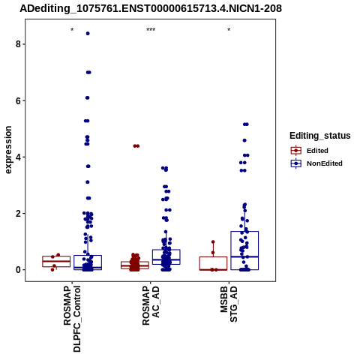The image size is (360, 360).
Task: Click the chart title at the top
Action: [x=151, y=9]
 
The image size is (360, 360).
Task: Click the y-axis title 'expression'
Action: [x=8, y=150]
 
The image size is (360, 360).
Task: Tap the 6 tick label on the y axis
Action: [x=19, y=100]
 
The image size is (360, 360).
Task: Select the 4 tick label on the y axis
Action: [x=19, y=157]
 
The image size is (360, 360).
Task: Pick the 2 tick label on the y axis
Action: [x=19, y=214]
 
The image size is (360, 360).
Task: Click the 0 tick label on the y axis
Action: [x=19, y=270]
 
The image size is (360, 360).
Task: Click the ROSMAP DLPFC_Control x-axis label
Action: [x=72, y=319]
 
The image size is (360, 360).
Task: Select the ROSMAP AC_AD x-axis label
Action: [x=151, y=305]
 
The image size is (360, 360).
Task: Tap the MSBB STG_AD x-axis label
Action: [x=229, y=304]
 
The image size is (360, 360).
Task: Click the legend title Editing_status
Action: [x=320, y=136]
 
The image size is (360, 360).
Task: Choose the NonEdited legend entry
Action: [x=316, y=163]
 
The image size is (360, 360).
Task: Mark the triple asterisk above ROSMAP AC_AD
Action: [x=151, y=30]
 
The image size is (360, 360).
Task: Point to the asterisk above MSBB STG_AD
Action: [x=229, y=30]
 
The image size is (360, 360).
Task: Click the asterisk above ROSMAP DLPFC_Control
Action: [x=72, y=30]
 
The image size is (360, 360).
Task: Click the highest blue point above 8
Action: [x=88, y=34]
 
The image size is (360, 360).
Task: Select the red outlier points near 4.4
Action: [x=136, y=146]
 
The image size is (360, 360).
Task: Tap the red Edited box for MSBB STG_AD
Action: [x=213, y=263]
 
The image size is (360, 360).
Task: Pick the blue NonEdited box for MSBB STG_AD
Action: [x=244, y=250]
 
